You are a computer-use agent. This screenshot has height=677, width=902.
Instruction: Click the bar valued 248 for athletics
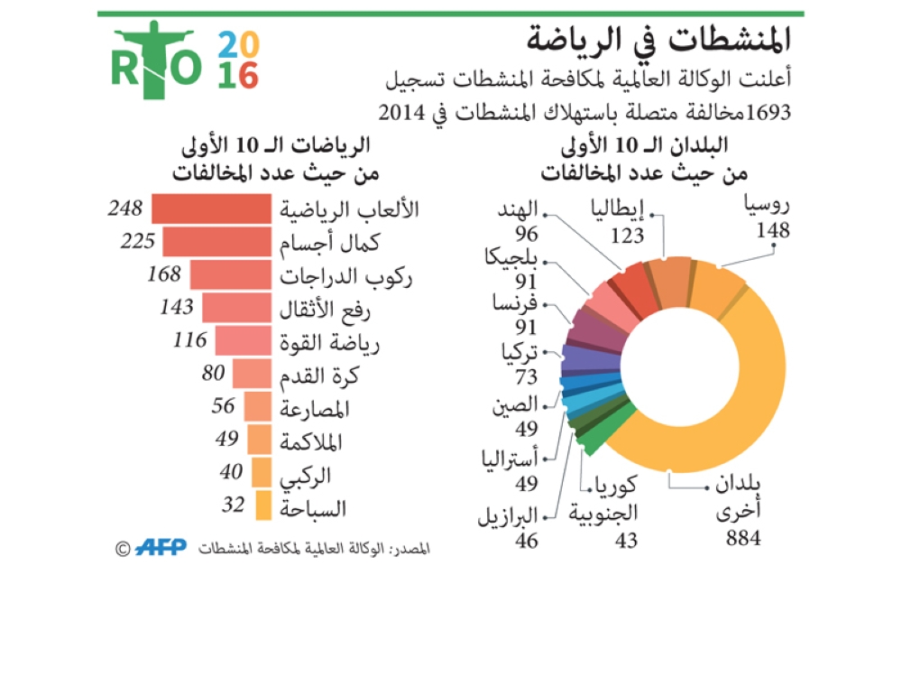coord(211,209)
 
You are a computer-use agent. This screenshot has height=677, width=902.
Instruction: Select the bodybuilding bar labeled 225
coord(216,242)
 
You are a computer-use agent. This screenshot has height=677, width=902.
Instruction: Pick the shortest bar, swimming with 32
coord(262,505)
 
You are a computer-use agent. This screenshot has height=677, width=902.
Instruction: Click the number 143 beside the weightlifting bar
coord(176,307)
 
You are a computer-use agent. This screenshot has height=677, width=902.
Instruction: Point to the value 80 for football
coord(214,373)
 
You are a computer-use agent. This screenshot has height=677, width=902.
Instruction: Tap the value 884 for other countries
coord(743,540)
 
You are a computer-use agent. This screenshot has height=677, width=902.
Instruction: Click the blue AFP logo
coord(162,547)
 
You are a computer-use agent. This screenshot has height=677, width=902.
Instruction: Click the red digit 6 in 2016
coord(249,76)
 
